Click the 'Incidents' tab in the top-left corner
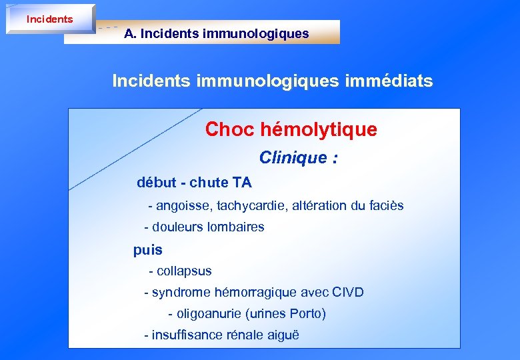(49, 19)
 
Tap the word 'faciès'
(386, 205)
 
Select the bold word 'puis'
(148, 250)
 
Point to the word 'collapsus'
(184, 271)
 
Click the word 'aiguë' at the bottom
(283, 335)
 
